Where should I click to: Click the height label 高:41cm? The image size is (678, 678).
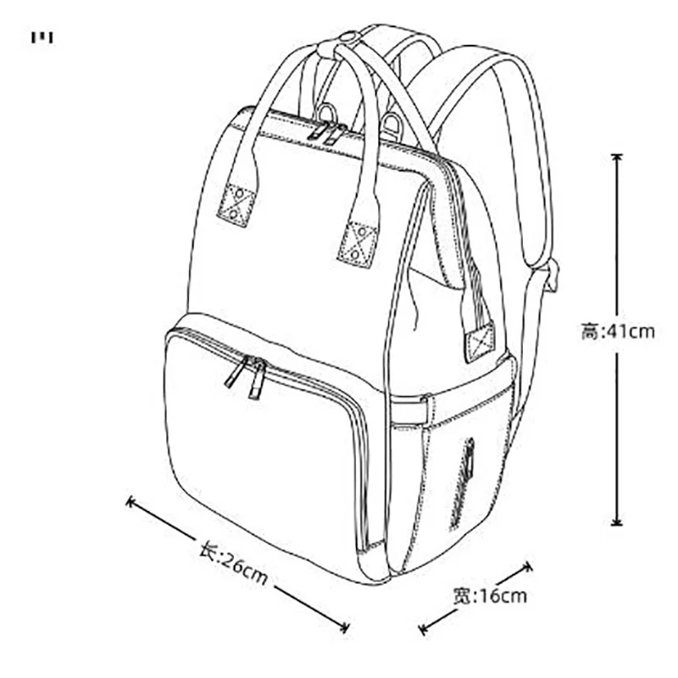tap(618, 331)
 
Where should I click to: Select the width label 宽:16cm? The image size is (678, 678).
tap(490, 596)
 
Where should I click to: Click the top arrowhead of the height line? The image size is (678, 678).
tap(617, 158)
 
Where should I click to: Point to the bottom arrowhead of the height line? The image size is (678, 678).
tap(617, 523)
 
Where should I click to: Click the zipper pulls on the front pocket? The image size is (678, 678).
tap(247, 375)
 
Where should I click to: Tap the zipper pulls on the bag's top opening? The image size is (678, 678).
tap(326, 131)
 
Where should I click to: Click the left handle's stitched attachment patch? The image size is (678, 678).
tap(236, 203)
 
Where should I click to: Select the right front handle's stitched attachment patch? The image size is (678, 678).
tap(358, 242)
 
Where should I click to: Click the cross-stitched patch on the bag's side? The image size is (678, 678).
tap(481, 341)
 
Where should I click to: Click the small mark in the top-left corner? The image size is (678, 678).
tap(42, 37)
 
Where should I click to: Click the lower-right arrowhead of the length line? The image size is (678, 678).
tap(345, 628)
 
